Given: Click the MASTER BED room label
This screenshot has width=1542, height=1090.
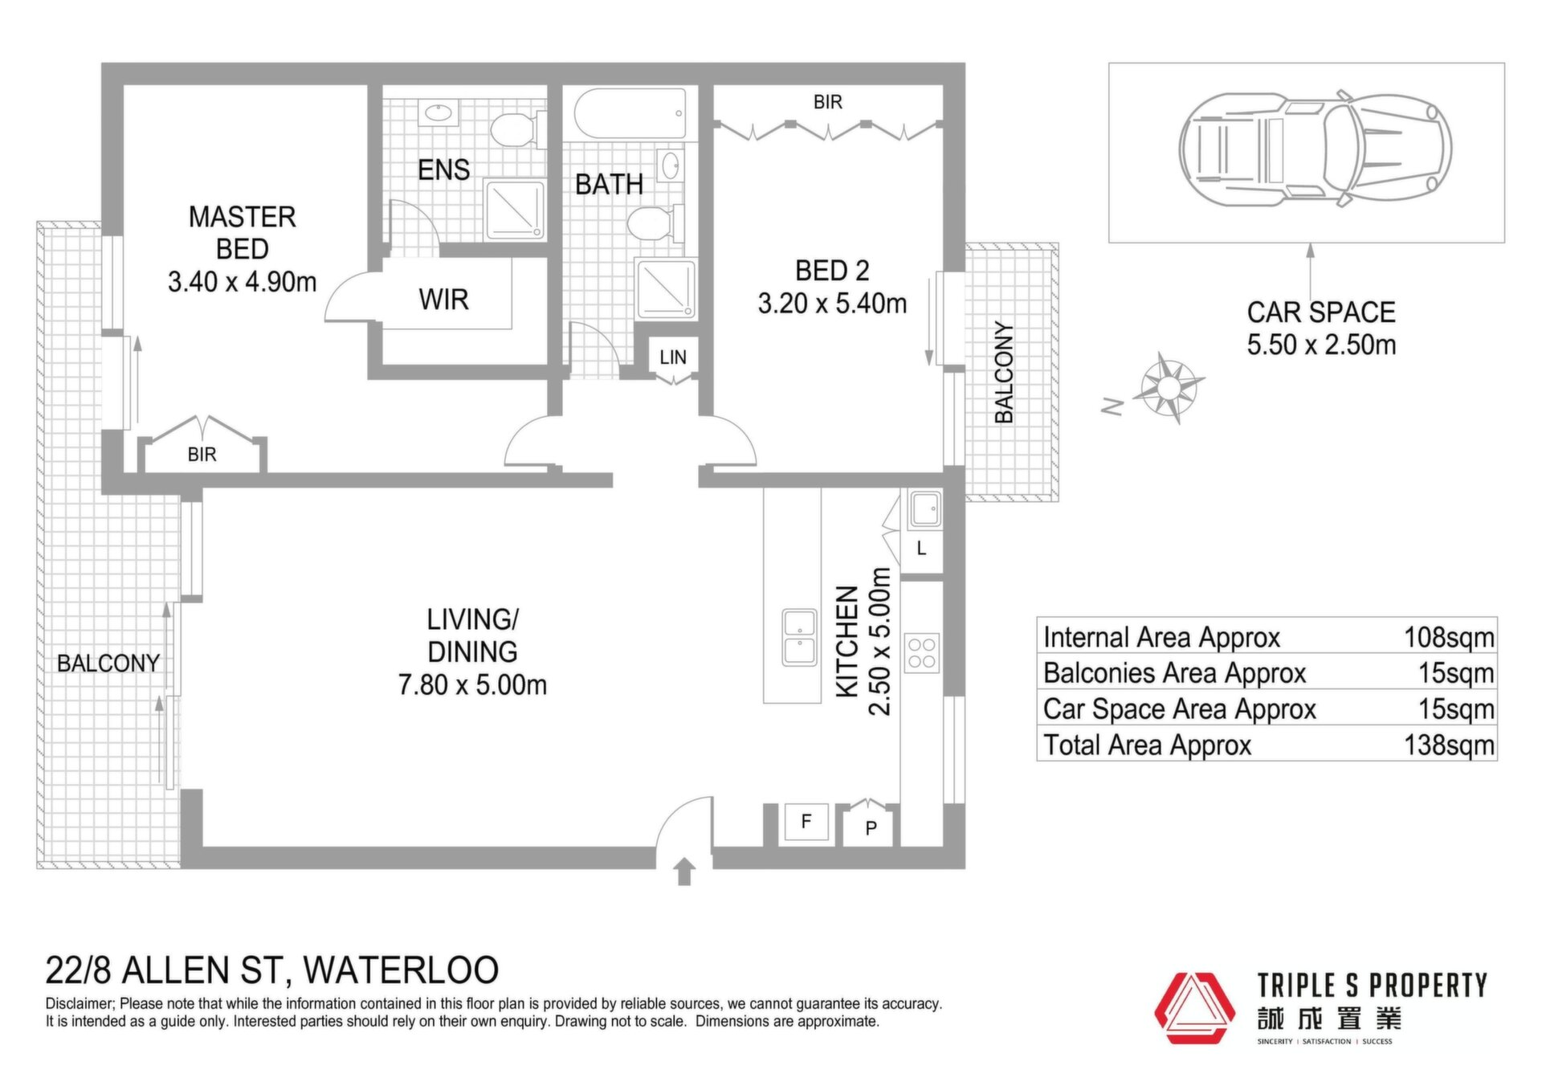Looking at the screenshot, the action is [x=243, y=233].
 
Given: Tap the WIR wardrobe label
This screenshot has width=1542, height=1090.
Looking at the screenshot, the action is [x=443, y=300].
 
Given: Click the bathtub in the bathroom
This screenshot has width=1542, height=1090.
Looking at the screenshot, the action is [x=630, y=114].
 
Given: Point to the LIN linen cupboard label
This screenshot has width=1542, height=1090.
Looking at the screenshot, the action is [x=673, y=357].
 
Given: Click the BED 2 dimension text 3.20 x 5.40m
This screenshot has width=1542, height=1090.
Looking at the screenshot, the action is [x=832, y=304].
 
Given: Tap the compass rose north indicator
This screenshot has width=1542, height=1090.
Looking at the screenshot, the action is [x=1169, y=388].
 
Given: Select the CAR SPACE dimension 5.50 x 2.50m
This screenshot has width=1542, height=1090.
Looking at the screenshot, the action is [x=1321, y=345].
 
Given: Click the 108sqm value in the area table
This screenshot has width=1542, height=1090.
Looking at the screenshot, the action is [x=1449, y=637].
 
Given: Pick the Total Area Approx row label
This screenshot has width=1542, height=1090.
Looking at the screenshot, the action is [x=1147, y=745].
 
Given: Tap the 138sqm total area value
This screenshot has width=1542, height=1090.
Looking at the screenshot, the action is [x=1449, y=745].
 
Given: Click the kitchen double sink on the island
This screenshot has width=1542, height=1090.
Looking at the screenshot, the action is [x=800, y=637].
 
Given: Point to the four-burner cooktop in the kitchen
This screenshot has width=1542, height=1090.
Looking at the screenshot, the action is [x=922, y=653].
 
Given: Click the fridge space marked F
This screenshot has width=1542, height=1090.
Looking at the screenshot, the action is [x=806, y=821].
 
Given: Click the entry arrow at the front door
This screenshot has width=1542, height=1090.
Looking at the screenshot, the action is [x=684, y=872].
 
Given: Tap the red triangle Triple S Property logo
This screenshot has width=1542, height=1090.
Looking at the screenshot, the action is [x=1194, y=1008].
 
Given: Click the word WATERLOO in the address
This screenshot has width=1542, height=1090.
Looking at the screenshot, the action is [x=402, y=970].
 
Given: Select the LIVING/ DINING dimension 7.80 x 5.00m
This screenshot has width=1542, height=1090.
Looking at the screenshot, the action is [x=472, y=685].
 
